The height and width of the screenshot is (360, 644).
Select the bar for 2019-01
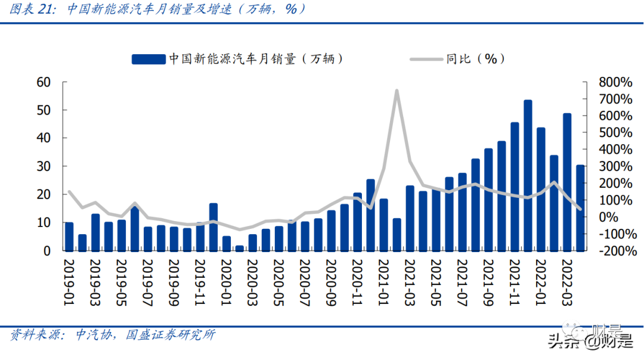[x=69, y=237]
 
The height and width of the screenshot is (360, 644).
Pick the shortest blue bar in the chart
[x=239, y=248]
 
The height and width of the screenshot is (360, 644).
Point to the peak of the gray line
[x=397, y=91]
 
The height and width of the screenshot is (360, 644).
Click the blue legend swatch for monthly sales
[x=148, y=58]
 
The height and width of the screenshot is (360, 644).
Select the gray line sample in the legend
[x=426, y=58]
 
